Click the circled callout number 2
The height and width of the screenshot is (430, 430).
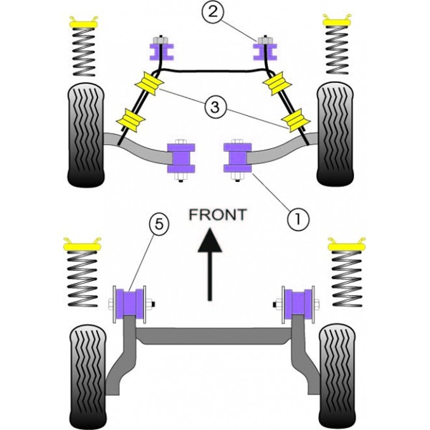(x=212, y=11)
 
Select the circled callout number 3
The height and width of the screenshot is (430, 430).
(x=215, y=107)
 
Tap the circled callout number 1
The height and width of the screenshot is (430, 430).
(x=298, y=219)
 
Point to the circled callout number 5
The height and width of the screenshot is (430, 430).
(x=159, y=225)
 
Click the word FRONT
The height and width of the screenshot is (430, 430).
(x=218, y=215)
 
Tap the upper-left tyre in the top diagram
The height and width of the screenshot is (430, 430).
(x=86, y=135)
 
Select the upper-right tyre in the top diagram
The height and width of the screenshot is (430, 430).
(x=335, y=134)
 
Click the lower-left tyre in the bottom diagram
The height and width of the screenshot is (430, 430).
(x=88, y=377)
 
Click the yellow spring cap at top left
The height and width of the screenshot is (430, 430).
(x=84, y=22)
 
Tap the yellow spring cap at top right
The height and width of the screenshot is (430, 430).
(x=337, y=20)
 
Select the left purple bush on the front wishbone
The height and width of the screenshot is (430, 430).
(x=181, y=158)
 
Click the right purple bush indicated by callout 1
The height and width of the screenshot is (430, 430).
(x=238, y=158)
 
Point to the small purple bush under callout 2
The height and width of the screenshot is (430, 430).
(x=265, y=52)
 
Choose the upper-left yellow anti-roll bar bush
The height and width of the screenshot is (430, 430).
(x=150, y=82)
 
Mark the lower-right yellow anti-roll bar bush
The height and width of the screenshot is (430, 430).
(x=296, y=120)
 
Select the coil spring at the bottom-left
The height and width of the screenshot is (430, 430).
(x=82, y=278)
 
